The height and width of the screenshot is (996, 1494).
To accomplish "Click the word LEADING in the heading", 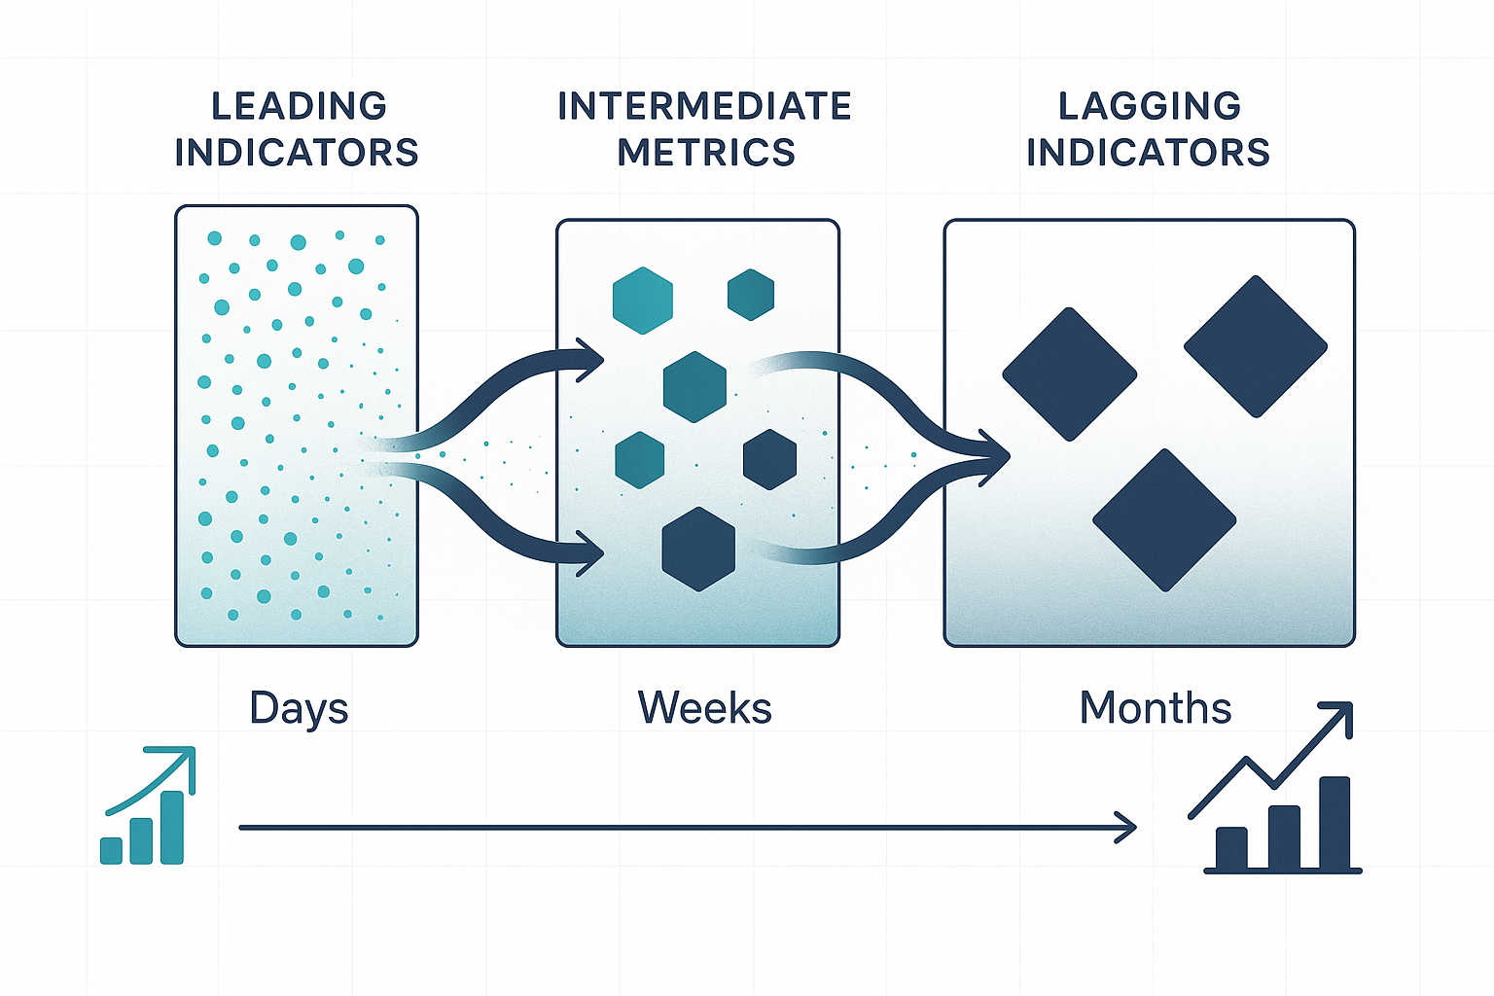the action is [x=299, y=107].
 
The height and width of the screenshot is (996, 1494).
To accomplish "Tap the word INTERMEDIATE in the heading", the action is [x=705, y=107].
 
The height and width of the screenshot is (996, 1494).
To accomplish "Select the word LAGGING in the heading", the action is [x=1150, y=107].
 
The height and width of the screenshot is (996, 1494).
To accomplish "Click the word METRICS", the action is [x=706, y=153].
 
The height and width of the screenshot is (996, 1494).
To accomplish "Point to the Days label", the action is [x=299, y=709].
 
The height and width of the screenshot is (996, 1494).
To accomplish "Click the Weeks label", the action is [x=705, y=708].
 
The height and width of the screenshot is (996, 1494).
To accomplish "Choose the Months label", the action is [x=1156, y=708].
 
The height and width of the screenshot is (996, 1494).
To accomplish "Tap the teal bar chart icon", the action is [x=148, y=805].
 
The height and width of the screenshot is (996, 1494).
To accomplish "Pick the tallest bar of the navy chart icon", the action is [x=1334, y=823].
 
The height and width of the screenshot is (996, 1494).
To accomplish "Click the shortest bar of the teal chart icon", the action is [x=112, y=850].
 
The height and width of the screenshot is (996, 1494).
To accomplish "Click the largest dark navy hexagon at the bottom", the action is [x=698, y=549].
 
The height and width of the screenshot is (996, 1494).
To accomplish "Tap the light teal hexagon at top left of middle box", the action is [x=642, y=301].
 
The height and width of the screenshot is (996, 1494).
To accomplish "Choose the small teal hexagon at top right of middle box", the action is [x=751, y=295].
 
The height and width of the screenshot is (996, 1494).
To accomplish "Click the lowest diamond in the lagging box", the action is [x=1164, y=520].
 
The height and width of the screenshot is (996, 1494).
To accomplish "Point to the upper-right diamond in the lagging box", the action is [x=1256, y=346].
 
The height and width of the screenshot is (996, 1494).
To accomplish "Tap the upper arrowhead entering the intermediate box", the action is [x=591, y=360].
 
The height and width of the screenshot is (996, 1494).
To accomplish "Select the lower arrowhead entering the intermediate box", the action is [x=591, y=553].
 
